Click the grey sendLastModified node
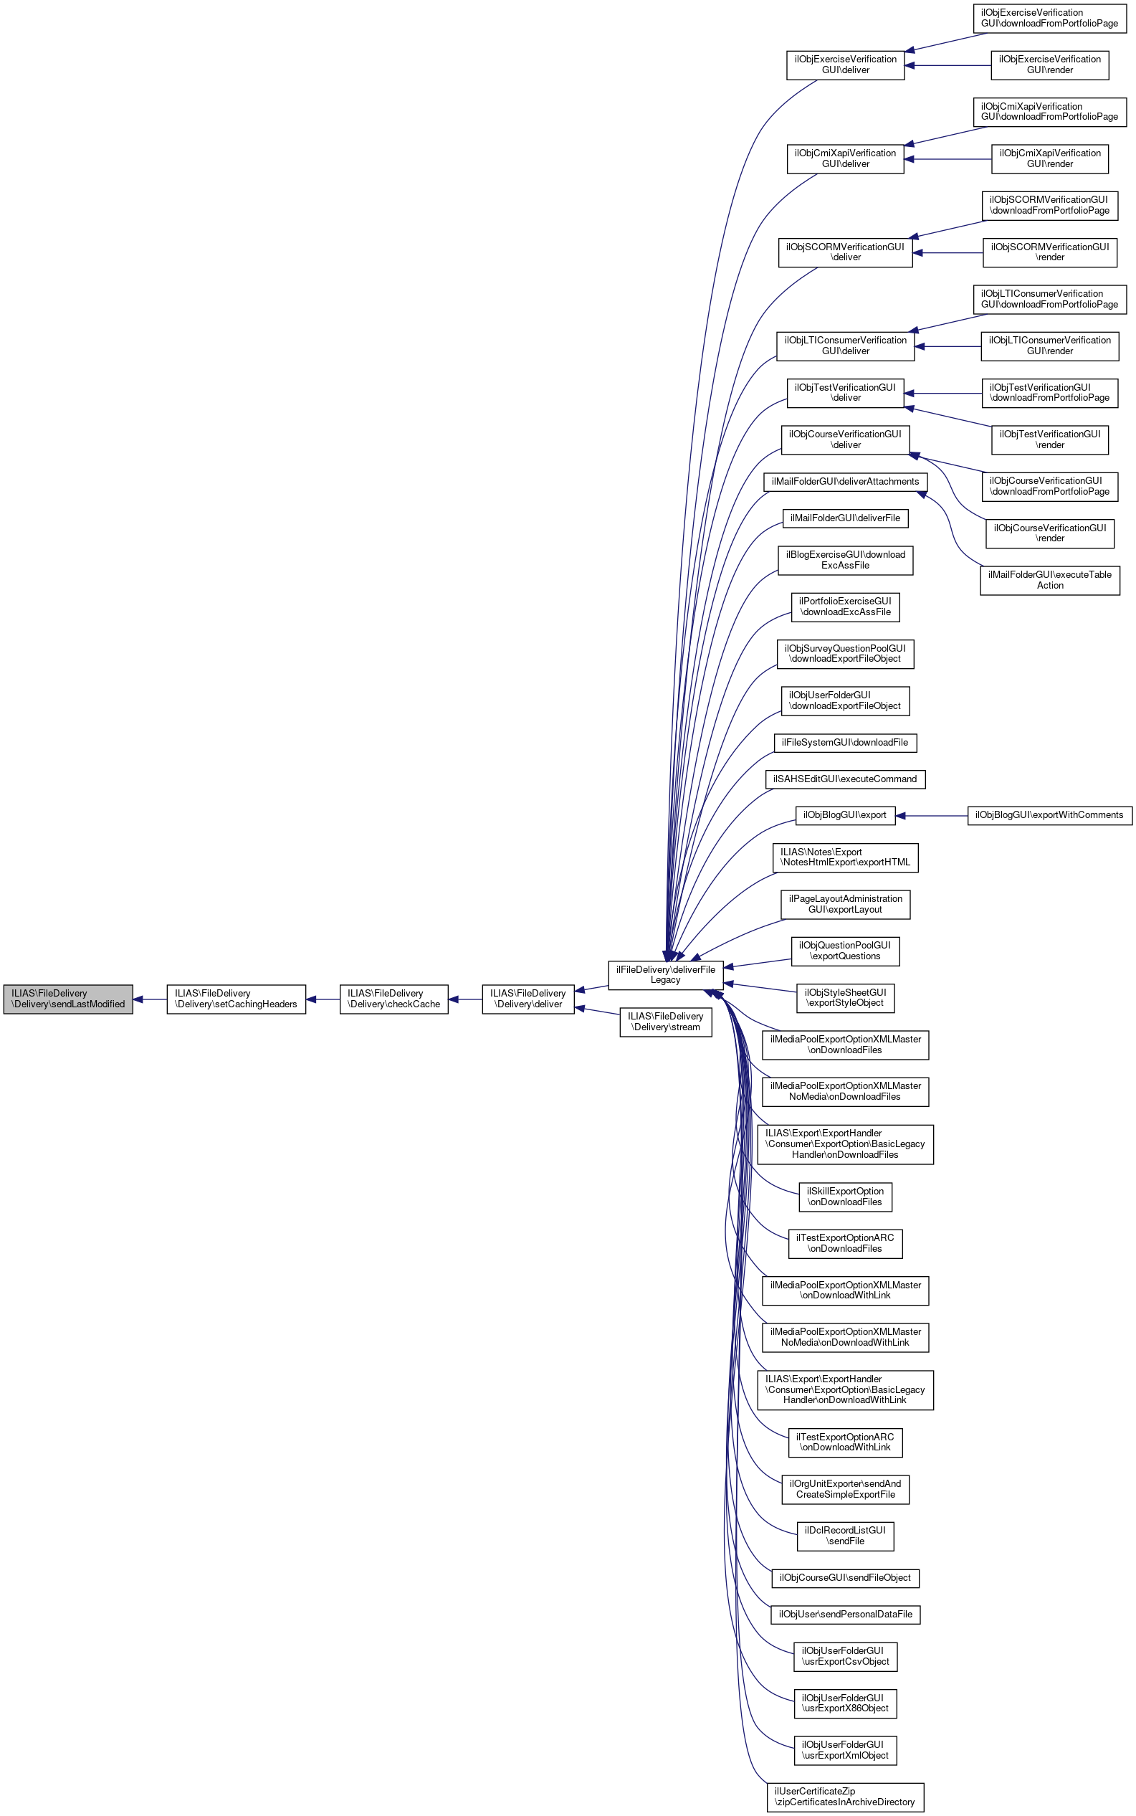point(67,999)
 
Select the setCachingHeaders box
point(236,999)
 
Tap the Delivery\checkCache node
point(393,999)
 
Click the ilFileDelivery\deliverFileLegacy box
point(665,974)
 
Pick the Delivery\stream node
point(665,1022)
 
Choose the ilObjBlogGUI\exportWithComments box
point(1049,815)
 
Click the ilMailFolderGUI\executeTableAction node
point(1049,580)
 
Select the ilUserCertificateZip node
point(844,1797)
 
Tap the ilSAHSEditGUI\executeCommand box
point(844,779)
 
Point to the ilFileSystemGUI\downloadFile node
point(844,742)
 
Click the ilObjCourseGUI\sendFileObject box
point(844,1578)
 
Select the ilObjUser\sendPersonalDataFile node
point(844,1615)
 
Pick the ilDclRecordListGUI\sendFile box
point(844,1536)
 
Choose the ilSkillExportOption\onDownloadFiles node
point(844,1196)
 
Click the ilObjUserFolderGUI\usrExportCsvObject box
point(844,1656)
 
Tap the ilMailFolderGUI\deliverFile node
point(844,518)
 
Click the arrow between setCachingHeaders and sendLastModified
point(151,999)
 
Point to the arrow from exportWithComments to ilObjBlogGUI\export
point(932,815)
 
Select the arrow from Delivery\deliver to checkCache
point(465,999)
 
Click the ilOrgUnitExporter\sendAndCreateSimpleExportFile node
point(844,1489)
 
